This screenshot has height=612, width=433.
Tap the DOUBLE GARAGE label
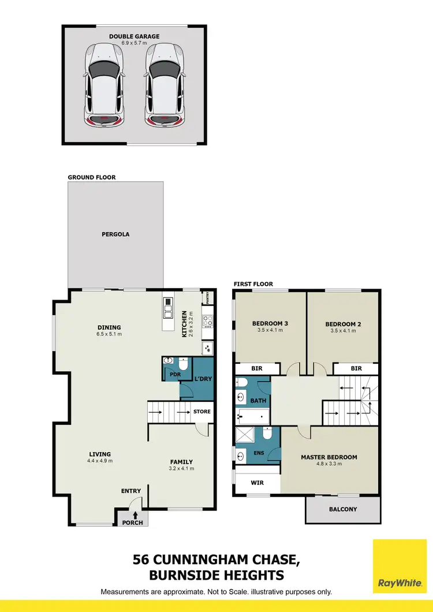point(135,36)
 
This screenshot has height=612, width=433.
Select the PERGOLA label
point(115,234)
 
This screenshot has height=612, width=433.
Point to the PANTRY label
point(207,297)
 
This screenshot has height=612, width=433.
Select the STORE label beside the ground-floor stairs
point(202,412)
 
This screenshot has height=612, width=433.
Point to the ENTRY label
point(131,491)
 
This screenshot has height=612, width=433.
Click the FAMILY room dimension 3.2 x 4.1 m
point(181,469)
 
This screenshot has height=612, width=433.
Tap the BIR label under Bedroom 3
point(257,368)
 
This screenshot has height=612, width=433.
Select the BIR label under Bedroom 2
point(356,368)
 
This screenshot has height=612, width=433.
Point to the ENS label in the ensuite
point(259,453)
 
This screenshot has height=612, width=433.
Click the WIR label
point(257,483)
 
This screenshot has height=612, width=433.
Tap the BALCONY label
point(343,509)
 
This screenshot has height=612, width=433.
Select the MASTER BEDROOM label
point(329,457)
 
